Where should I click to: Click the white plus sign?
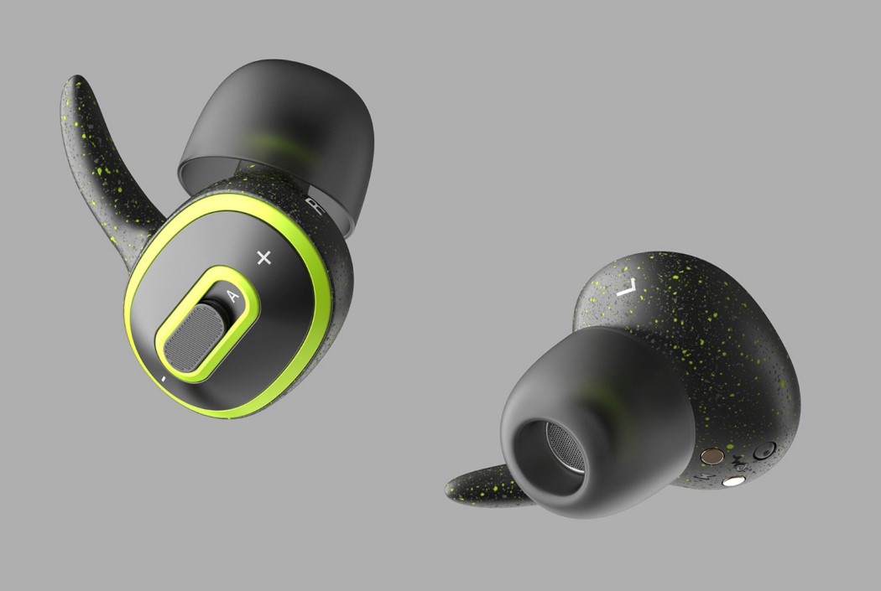coord(264,257)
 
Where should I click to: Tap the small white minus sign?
coord(163,380)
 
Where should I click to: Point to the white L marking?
coord(626,288)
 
